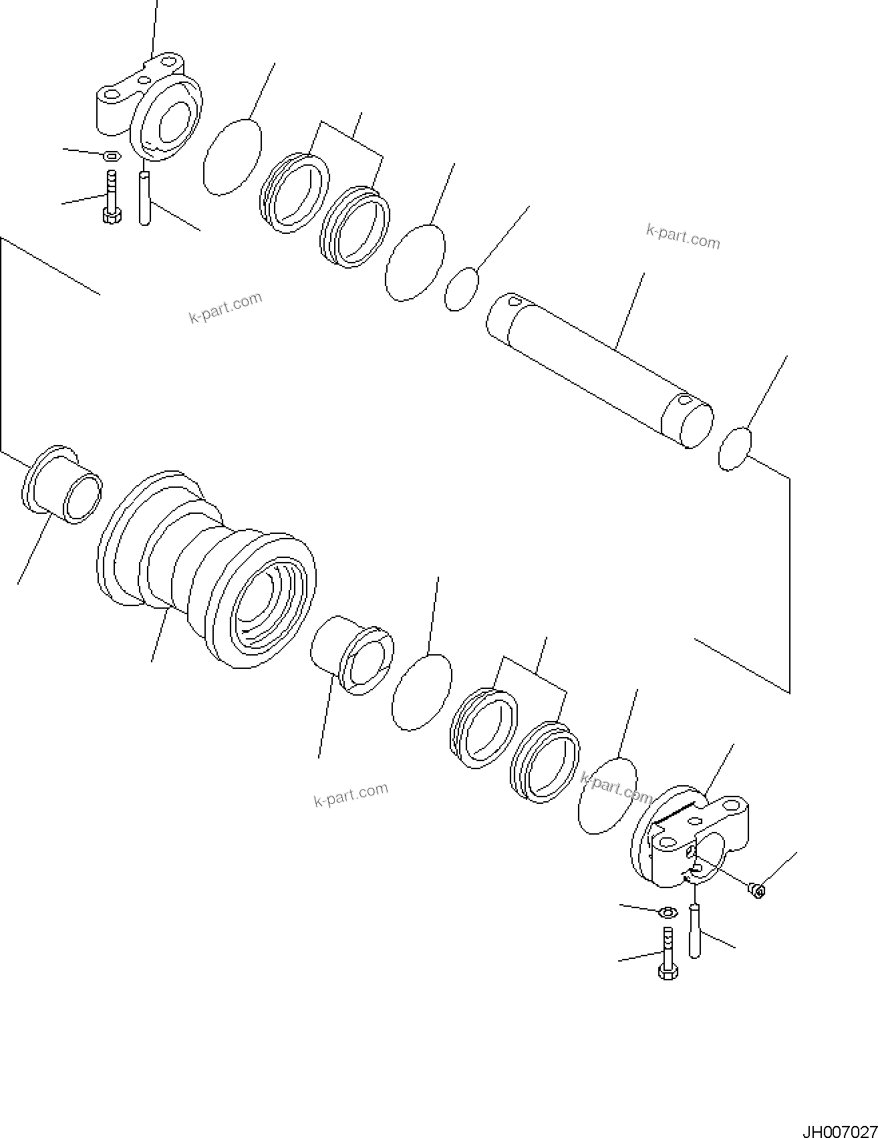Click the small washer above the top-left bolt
click(x=112, y=156)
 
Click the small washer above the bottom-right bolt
click(x=666, y=911)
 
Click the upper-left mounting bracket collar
click(x=150, y=110)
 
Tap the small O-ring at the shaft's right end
click(x=735, y=448)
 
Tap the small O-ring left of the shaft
click(x=462, y=289)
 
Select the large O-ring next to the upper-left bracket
click(x=231, y=157)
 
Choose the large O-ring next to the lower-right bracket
click(x=607, y=795)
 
